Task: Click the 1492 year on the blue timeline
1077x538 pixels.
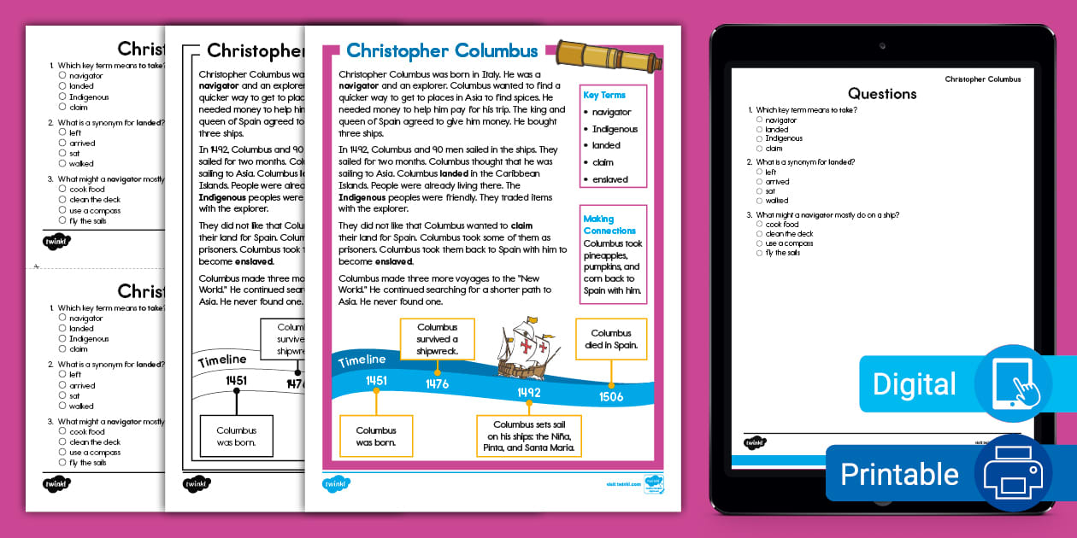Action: point(528,392)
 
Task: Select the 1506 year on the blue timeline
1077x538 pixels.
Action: point(611,396)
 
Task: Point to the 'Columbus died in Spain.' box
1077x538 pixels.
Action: point(611,339)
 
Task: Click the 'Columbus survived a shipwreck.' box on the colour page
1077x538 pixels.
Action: point(437,339)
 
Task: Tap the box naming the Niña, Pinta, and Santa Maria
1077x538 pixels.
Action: point(528,436)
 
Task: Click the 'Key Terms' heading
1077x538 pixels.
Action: point(604,95)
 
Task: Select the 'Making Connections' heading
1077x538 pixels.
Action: point(609,225)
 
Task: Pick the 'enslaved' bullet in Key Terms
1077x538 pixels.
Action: point(610,179)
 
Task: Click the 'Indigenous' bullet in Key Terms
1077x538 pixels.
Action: point(615,129)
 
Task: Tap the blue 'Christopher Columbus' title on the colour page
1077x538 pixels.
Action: point(442,50)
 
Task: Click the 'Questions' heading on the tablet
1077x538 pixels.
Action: point(882,94)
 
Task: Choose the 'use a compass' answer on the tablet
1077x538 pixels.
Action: point(789,243)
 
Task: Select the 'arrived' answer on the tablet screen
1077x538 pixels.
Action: point(777,182)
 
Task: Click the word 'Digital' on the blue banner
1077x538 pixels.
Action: point(914,384)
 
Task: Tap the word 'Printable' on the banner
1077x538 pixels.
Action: point(899,474)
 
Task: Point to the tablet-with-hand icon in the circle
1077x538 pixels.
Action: point(1014,383)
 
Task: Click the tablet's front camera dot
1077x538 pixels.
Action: point(882,46)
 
